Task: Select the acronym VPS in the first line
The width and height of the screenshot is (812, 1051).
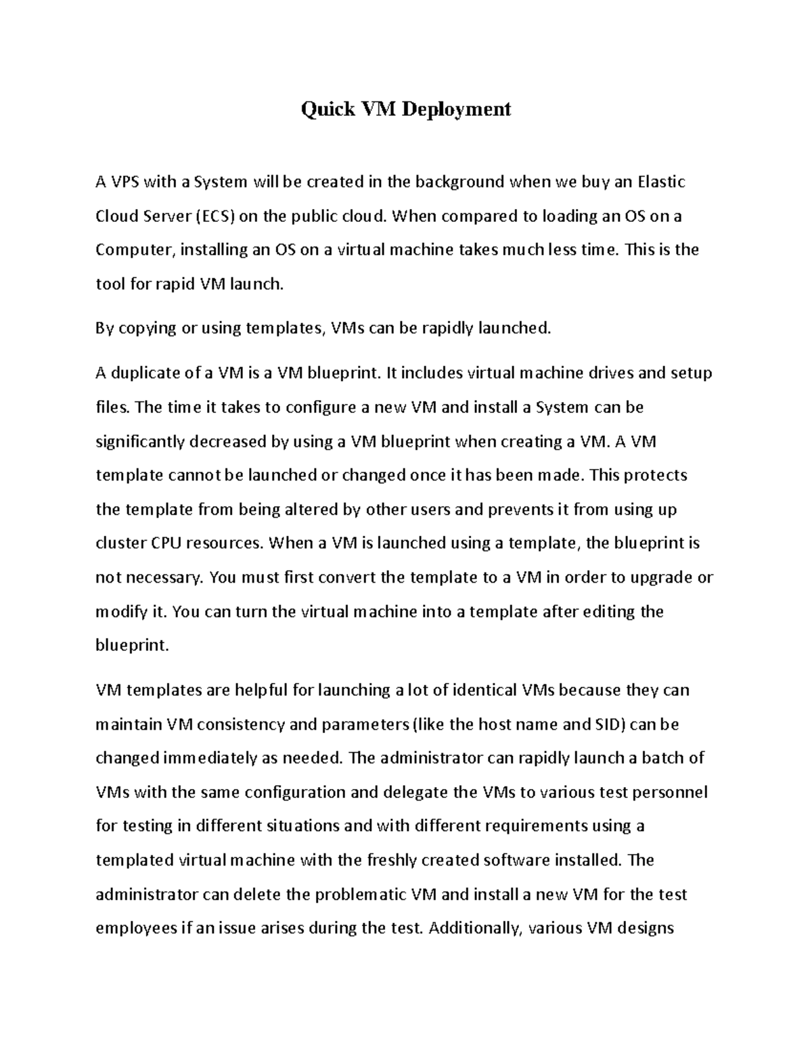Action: point(125,182)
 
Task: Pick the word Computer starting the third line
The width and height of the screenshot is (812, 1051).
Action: point(133,250)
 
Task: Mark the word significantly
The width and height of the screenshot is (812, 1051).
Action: point(140,442)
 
